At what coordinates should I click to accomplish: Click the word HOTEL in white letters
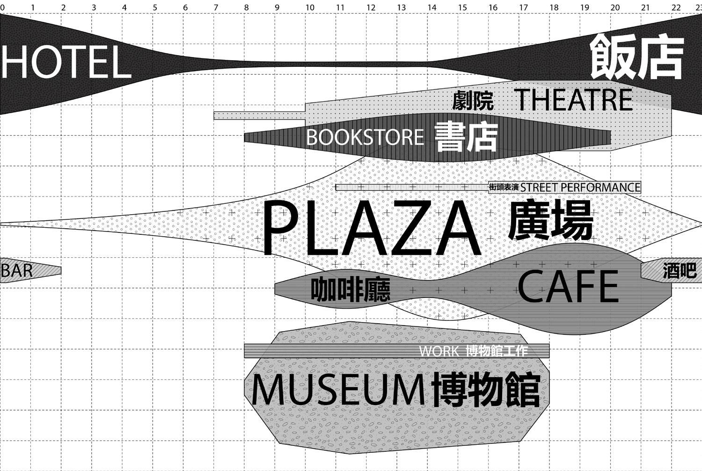tap(66, 62)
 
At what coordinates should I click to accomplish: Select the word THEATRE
tap(574, 100)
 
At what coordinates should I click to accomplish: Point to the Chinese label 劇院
tap(473, 101)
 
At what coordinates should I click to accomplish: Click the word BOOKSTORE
tap(365, 138)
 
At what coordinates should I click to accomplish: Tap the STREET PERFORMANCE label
tap(580, 188)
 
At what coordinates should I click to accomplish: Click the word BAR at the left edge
tap(17, 271)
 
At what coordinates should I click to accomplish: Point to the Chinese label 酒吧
tap(680, 271)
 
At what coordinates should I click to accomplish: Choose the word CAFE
tap(568, 287)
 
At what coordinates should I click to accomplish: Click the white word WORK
tap(439, 351)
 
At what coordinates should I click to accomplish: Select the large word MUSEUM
tap(338, 390)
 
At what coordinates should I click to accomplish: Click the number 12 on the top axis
tap(371, 7)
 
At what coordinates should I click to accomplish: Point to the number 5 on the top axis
tap(155, 7)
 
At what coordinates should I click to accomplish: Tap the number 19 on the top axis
tap(585, 7)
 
